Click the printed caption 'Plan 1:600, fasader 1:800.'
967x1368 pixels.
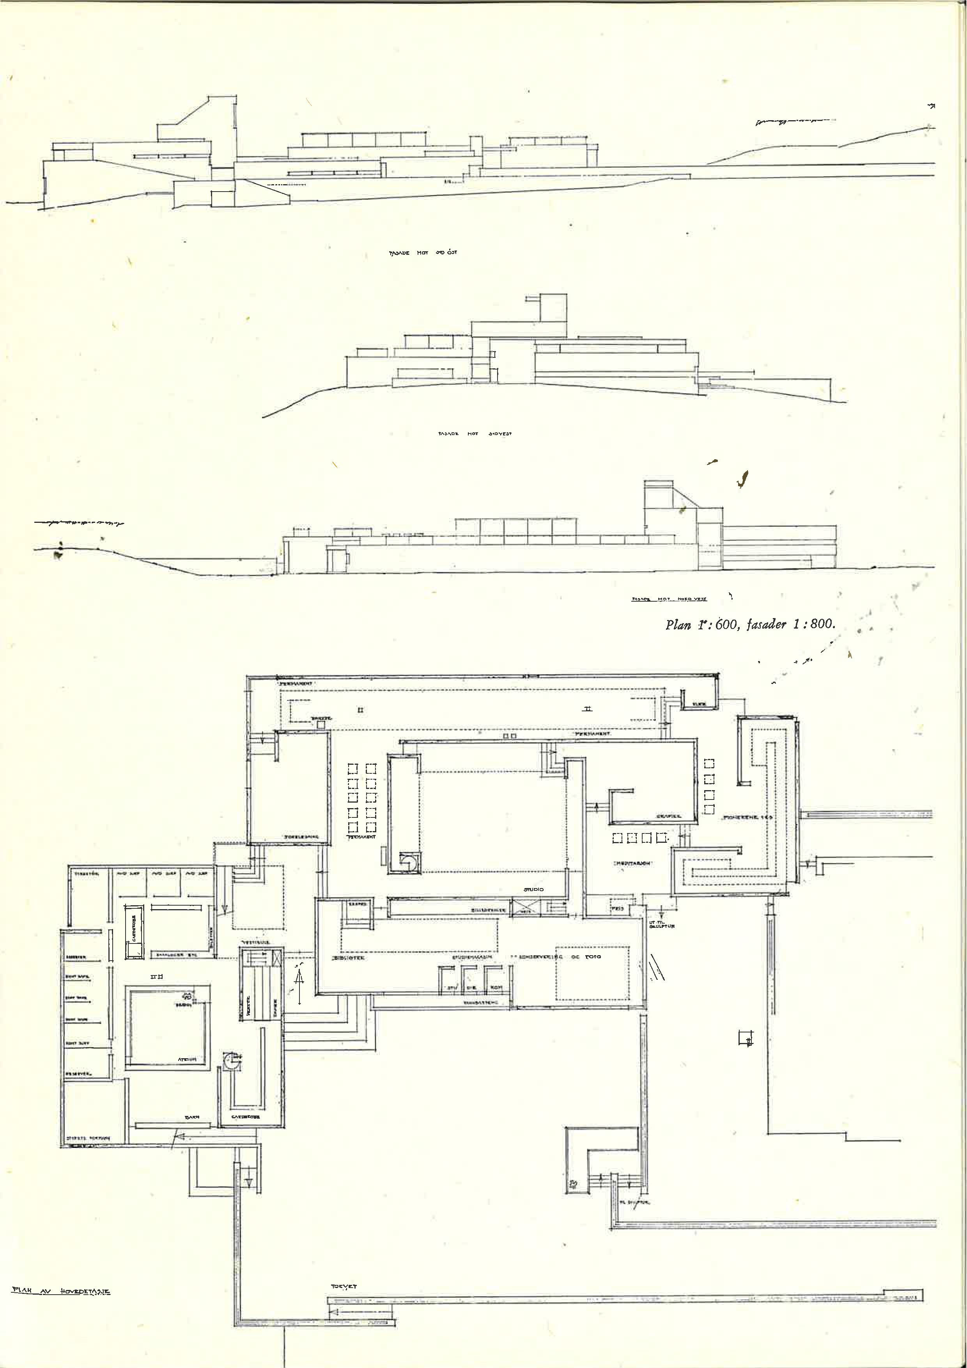[750, 625]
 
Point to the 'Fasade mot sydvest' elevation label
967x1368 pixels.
[475, 434]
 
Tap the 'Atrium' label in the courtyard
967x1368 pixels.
[188, 1059]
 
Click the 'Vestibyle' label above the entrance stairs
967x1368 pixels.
[256, 943]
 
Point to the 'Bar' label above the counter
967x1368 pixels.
[192, 1117]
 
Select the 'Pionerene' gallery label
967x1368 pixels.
[747, 817]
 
